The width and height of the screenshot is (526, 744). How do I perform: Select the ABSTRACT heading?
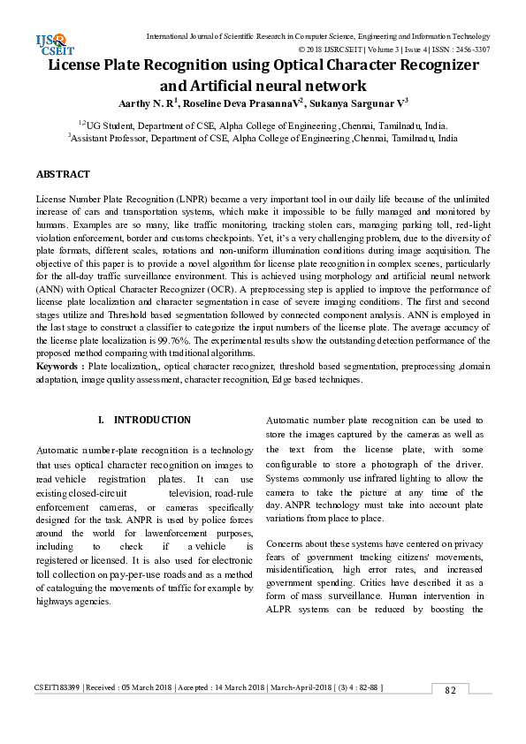[63, 175]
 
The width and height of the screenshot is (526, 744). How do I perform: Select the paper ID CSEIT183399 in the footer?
[57, 687]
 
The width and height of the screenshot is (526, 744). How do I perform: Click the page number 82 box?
[450, 690]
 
